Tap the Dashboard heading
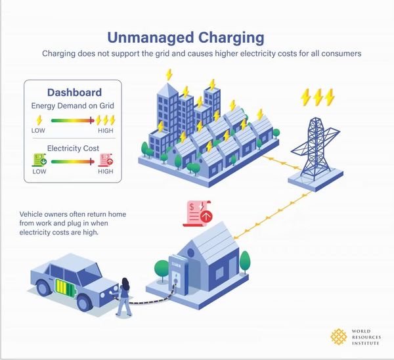point(74,92)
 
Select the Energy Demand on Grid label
point(74,106)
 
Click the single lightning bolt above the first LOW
point(39,120)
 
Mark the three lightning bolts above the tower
point(317,97)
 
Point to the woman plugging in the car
point(124,298)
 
